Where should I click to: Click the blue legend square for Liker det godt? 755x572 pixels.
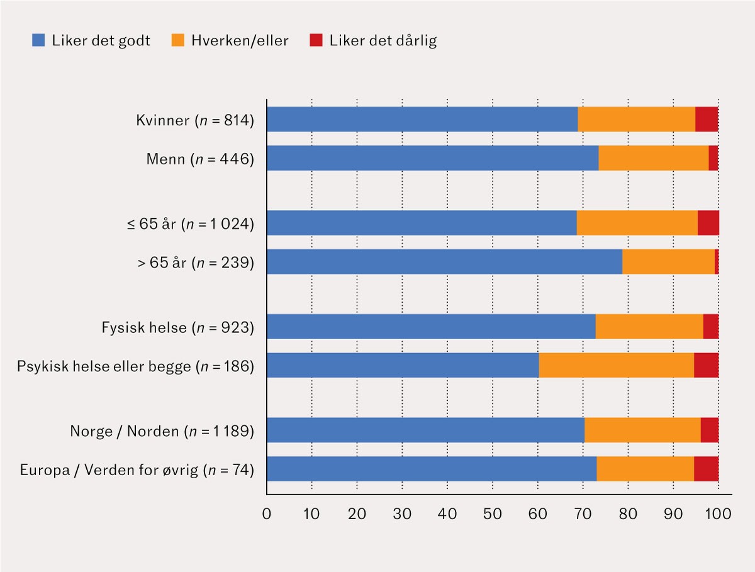click(x=38, y=40)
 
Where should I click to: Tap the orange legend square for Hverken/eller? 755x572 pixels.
click(x=178, y=40)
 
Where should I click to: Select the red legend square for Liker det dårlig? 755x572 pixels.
click(x=316, y=40)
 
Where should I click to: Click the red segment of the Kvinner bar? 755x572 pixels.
click(x=707, y=119)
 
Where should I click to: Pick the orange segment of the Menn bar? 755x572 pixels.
click(x=654, y=158)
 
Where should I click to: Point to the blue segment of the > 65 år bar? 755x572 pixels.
click(x=444, y=261)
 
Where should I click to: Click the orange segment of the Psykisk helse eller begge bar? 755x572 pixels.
click(x=617, y=365)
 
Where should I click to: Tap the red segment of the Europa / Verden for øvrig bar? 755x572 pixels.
click(x=706, y=469)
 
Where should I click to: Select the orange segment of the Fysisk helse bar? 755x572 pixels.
click(x=649, y=327)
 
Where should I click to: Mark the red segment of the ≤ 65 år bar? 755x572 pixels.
click(x=708, y=223)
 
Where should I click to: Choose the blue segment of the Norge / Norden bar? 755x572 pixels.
click(x=425, y=430)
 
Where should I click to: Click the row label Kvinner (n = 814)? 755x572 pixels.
click(x=195, y=120)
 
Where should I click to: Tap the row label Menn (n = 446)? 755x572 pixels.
click(x=200, y=159)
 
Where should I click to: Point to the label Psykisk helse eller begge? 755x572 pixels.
click(x=104, y=366)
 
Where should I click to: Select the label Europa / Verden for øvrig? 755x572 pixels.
click(x=109, y=470)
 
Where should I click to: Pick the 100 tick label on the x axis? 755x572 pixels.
click(x=718, y=514)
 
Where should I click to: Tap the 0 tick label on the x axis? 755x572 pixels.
click(x=267, y=514)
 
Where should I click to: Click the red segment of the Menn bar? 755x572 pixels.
click(x=713, y=158)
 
